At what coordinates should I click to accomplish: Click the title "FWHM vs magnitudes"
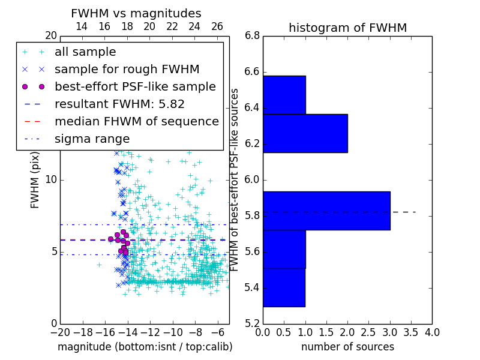pyautogui.click(x=136, y=14)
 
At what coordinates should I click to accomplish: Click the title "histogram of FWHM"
pyautogui.click(x=347, y=28)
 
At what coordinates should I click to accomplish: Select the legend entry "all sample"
pyautogui.click(x=85, y=52)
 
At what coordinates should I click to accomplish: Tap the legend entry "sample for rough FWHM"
pyautogui.click(x=127, y=70)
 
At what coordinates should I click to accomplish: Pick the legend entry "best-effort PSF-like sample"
pyautogui.click(x=135, y=87)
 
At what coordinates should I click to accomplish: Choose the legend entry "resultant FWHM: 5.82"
pyautogui.click(x=119, y=104)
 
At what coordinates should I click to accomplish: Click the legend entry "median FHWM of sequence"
pyautogui.click(x=136, y=122)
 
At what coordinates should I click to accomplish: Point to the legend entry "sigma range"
pyautogui.click(x=92, y=139)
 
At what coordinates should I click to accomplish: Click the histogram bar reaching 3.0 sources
pyautogui.click(x=326, y=211)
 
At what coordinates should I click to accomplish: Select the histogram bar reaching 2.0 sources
pyautogui.click(x=305, y=133)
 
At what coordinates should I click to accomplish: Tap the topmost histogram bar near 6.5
pyautogui.click(x=284, y=95)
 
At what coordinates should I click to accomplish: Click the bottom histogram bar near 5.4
pyautogui.click(x=284, y=287)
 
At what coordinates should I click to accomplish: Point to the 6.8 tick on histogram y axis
pyautogui.click(x=252, y=36)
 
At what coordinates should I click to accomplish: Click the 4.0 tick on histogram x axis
pyautogui.click(x=431, y=332)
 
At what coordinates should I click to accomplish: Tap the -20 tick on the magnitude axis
pyautogui.click(x=59, y=332)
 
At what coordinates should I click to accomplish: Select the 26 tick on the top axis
pyautogui.click(x=217, y=26)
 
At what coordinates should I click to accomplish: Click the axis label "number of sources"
pyautogui.click(x=347, y=347)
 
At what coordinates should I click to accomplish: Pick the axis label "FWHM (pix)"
pyautogui.click(x=35, y=180)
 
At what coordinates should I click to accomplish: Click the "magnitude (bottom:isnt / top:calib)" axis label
pyautogui.click(x=145, y=347)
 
